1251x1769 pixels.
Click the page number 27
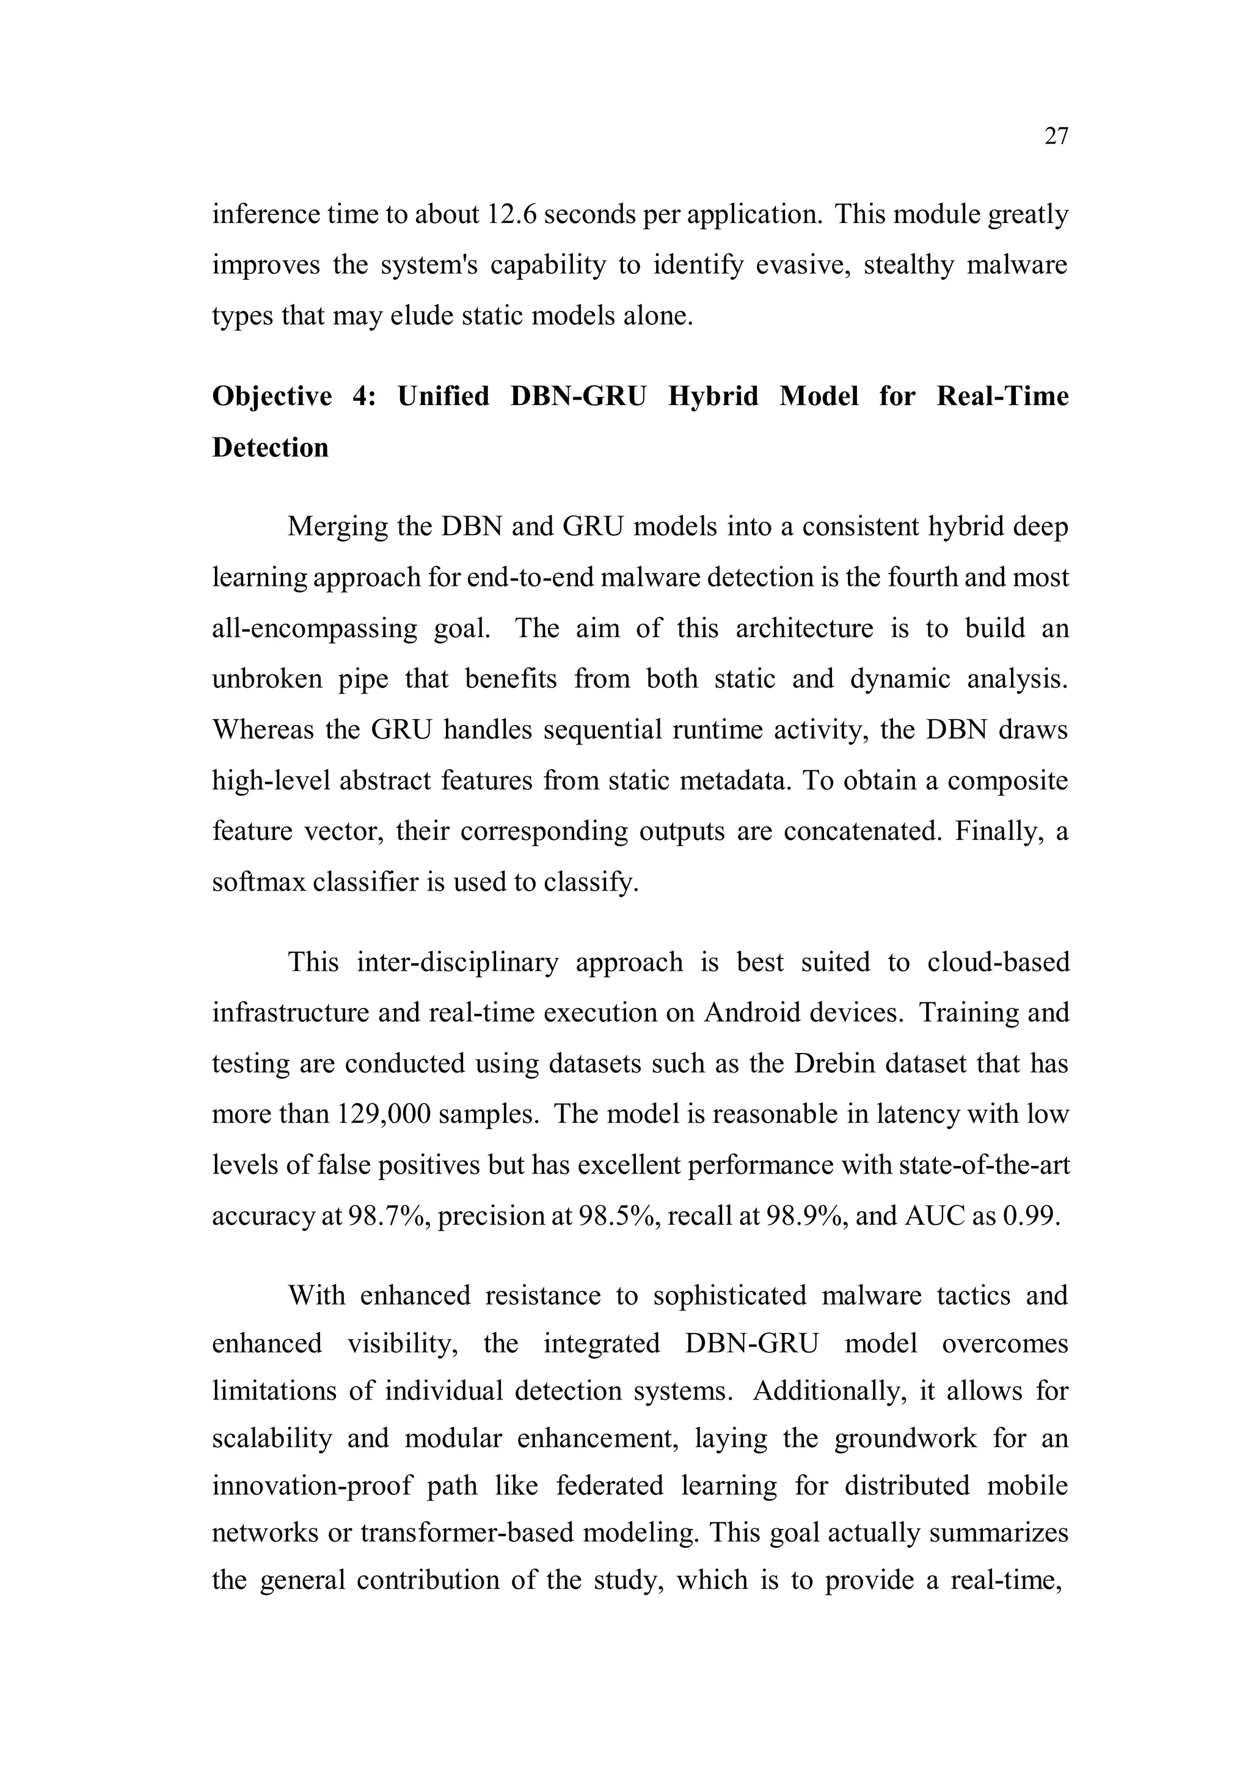point(1056,136)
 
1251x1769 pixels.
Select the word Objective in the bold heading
point(271,396)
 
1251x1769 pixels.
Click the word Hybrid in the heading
point(713,396)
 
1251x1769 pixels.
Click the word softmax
point(259,882)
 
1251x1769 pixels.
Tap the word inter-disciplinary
point(458,961)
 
